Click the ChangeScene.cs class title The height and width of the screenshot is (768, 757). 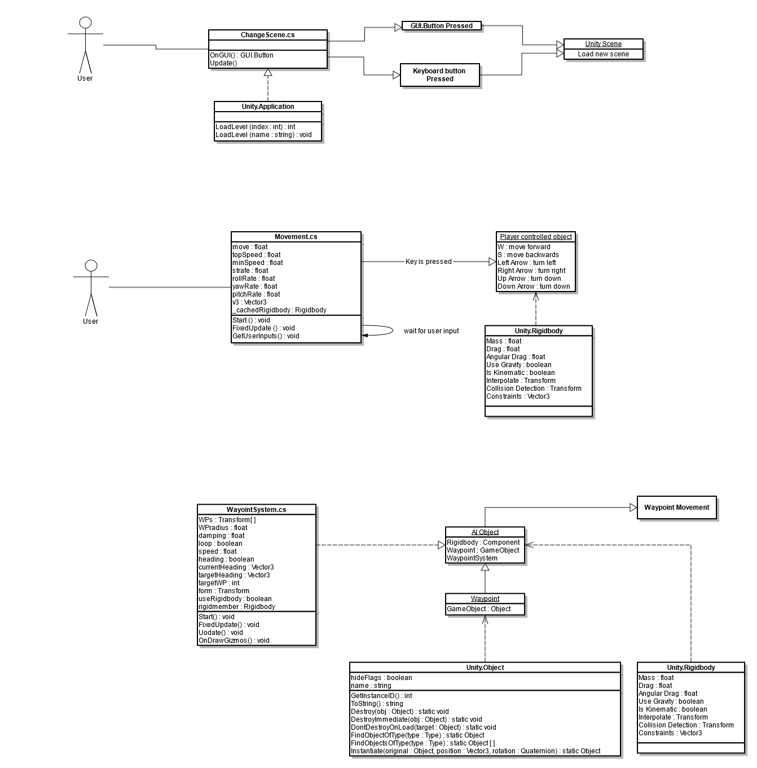[x=267, y=35]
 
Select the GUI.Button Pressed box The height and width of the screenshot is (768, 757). [x=441, y=26]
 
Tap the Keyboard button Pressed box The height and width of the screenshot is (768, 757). [x=439, y=75]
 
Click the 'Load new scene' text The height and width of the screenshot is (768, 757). [x=603, y=54]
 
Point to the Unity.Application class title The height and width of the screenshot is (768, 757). [x=268, y=107]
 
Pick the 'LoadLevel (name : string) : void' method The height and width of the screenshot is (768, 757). [x=263, y=135]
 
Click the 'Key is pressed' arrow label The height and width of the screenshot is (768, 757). [x=428, y=262]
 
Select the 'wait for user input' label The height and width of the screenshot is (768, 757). [x=431, y=331]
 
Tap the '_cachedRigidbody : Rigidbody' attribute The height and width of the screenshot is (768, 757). [x=279, y=310]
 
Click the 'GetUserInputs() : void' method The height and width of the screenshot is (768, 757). [x=266, y=336]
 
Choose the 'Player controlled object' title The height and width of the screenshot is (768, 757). [x=536, y=237]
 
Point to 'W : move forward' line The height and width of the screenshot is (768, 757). [x=523, y=247]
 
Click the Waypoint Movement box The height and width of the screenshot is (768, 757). [x=676, y=507]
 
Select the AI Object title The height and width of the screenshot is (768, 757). [x=485, y=532]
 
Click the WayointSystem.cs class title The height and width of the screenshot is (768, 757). [x=256, y=510]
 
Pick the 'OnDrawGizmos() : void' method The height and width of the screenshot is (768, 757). [x=234, y=641]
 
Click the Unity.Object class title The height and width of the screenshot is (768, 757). [x=485, y=668]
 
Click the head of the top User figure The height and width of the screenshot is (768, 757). [x=85, y=23]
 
